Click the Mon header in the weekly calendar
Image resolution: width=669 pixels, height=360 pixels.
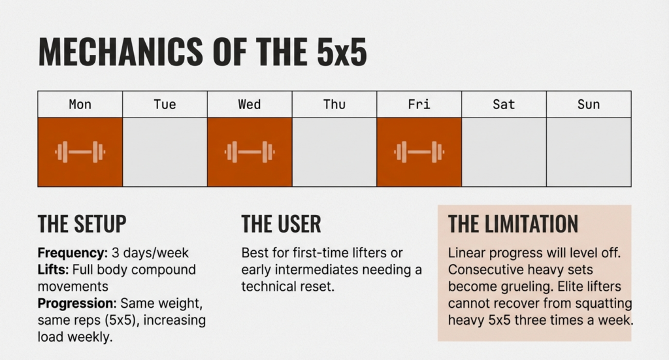point(80,105)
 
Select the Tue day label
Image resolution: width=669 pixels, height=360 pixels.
point(165,105)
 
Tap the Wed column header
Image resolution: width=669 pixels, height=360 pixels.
point(250,105)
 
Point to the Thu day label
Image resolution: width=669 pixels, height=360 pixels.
point(334,105)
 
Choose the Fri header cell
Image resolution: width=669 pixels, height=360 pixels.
point(419,105)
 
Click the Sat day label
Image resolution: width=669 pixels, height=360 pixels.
point(504,105)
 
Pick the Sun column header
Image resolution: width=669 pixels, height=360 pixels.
point(589,105)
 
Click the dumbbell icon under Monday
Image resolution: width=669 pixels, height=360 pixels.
point(80,152)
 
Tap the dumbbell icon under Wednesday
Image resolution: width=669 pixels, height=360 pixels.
point(250,152)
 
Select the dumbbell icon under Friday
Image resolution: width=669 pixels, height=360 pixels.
point(419,152)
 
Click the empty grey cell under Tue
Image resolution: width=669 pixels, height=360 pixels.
point(165,152)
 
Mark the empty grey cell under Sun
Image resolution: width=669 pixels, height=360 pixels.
point(589,152)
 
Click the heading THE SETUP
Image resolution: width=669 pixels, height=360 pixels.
point(82,223)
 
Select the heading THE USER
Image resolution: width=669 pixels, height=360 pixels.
point(281,223)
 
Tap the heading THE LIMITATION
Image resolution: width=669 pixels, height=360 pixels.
point(513,223)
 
